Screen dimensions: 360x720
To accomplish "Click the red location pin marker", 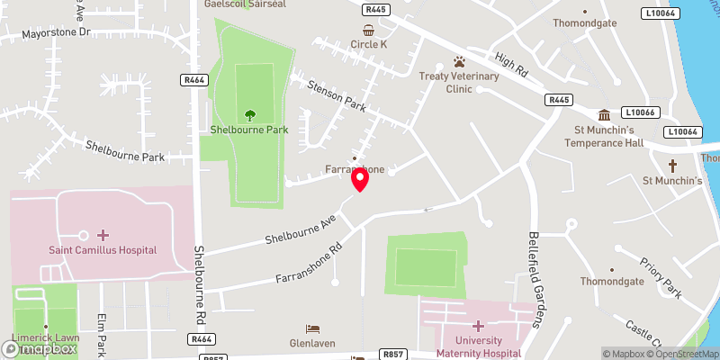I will [360, 180].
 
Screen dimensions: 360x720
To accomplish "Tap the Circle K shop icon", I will [368, 31].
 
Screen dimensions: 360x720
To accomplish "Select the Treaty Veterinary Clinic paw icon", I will [459, 62].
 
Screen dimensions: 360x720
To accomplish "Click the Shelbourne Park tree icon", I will [249, 114].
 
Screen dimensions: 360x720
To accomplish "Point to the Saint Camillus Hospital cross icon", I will [103, 234].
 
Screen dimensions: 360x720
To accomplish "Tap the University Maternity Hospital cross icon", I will [477, 325].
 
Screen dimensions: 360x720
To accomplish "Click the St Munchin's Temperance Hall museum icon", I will [604, 114].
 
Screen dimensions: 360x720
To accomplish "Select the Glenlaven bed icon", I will [313, 328].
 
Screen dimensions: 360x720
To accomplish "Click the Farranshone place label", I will [355, 169].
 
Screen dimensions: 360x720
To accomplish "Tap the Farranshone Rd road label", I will [310, 261].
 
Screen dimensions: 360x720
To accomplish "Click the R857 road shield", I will [393, 354].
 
